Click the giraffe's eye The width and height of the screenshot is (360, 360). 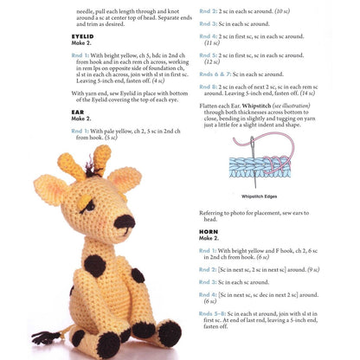(x=92, y=206)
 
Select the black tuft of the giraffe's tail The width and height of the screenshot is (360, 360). (x=41, y=337)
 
